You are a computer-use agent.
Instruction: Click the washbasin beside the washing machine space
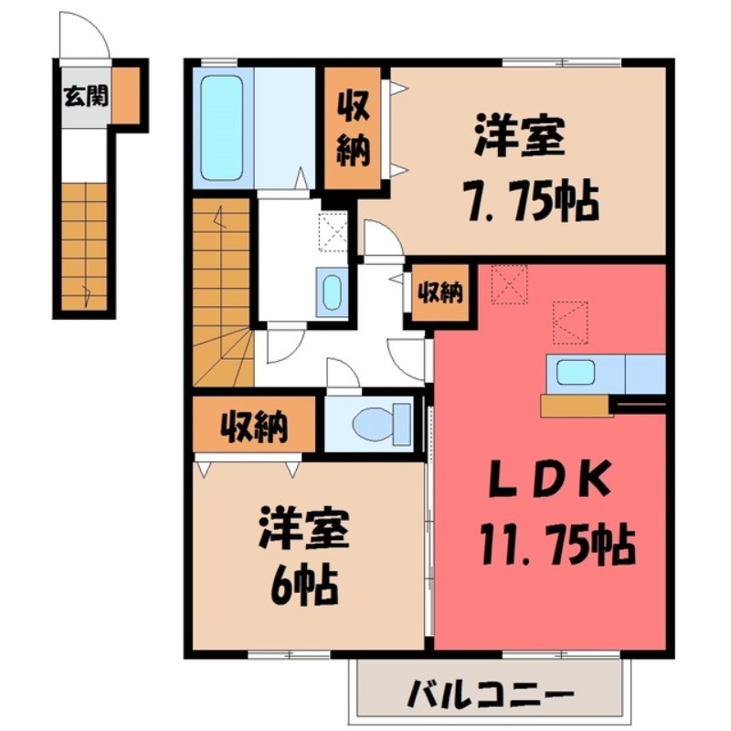click(331, 292)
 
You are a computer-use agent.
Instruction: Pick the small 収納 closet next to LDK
click(440, 293)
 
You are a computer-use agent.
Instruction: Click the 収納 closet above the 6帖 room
click(253, 426)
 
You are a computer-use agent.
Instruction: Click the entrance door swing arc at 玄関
click(85, 37)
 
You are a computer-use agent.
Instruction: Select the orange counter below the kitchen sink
click(576, 406)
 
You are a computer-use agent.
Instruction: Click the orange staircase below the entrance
click(86, 247)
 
